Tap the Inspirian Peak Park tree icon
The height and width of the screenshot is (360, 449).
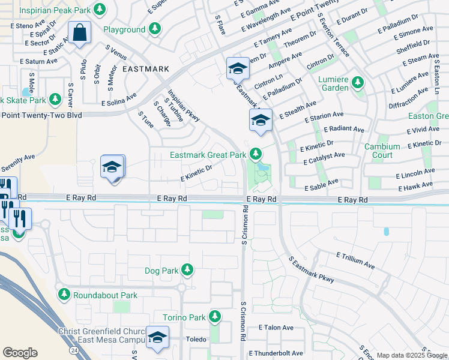(100, 10)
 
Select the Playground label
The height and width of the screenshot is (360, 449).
(124, 29)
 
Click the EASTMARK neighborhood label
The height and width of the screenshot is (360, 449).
(145, 69)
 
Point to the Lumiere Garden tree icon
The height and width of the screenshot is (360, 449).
(358, 82)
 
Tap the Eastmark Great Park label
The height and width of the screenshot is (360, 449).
(208, 155)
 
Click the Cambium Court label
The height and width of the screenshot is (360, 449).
(382, 151)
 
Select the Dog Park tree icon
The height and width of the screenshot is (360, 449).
(187, 270)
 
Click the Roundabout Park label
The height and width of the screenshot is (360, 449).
(105, 295)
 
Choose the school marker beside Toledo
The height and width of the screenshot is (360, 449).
(157, 338)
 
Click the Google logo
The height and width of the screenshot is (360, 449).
(20, 353)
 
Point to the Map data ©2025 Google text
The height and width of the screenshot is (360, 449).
(412, 355)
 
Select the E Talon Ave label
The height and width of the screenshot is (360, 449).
(276, 328)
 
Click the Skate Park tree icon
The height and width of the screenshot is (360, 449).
(55, 98)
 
